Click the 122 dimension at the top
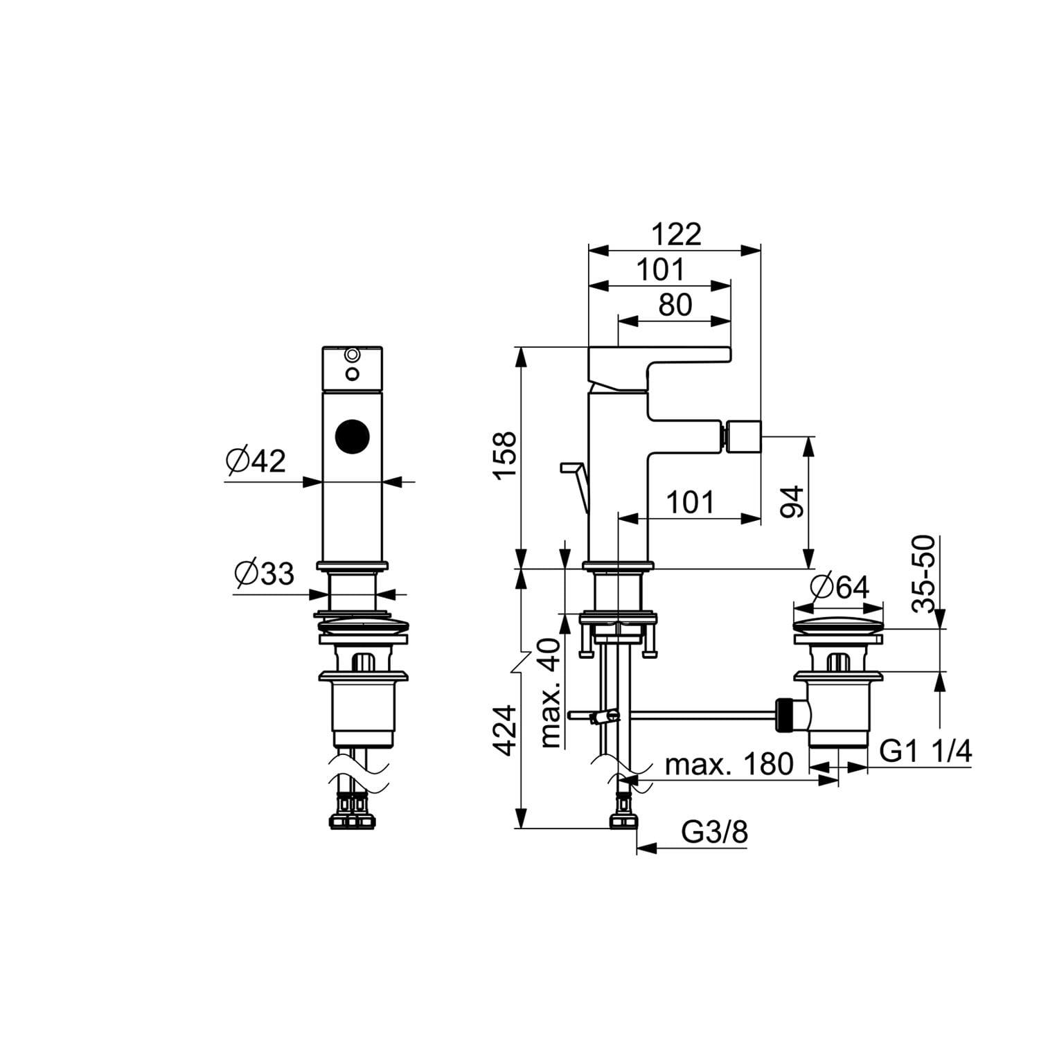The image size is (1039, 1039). click(676, 234)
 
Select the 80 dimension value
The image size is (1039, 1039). click(675, 305)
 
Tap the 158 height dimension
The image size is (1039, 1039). click(506, 454)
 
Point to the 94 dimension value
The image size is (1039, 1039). click(791, 502)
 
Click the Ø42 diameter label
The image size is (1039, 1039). click(256, 461)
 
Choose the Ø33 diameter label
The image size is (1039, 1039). click(264, 574)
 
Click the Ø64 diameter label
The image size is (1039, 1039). click(839, 587)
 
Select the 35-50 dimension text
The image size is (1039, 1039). click(923, 574)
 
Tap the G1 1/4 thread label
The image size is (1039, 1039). click(925, 750)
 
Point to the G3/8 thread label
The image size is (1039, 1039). click(715, 831)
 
